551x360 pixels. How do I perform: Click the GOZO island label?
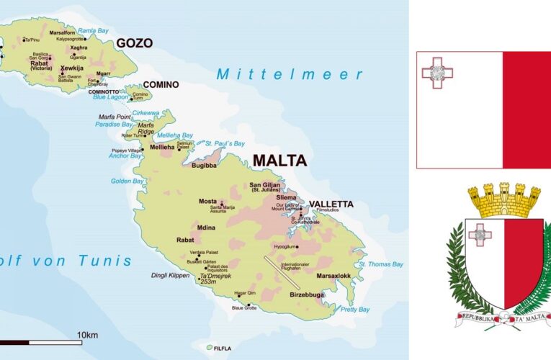[135, 43]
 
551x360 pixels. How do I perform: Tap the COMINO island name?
[161, 85]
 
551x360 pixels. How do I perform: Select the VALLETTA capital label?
[331, 204]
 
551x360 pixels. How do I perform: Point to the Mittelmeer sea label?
[290, 74]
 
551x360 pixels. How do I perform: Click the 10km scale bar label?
[87, 336]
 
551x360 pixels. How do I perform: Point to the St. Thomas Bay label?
[381, 264]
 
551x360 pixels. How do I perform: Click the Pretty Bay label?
[354, 310]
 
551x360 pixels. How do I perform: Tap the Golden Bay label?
[127, 181]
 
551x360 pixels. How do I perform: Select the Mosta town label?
[207, 202]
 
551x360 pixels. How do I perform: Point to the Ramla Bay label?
[92, 31]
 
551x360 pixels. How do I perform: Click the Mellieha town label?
[162, 148]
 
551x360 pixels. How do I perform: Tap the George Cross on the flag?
[437, 72]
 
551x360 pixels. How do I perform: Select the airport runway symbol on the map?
[282, 273]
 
